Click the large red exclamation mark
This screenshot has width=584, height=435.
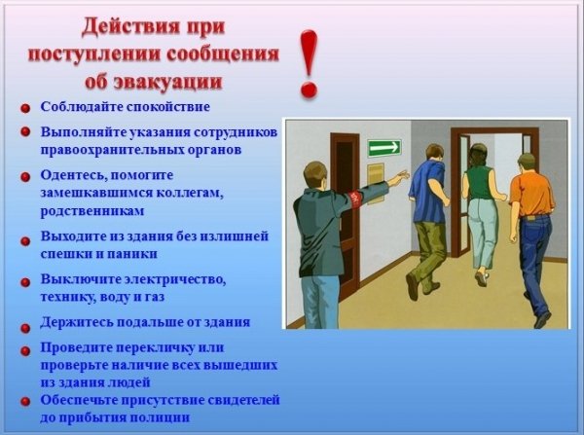(x=309, y=63)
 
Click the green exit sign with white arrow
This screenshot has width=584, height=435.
(x=384, y=148)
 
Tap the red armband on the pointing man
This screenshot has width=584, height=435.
(x=355, y=199)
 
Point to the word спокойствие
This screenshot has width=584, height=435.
(x=168, y=107)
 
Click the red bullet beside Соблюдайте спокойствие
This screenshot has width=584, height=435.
(x=25, y=109)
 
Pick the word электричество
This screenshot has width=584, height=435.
(x=175, y=279)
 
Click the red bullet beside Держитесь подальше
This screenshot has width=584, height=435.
(x=25, y=328)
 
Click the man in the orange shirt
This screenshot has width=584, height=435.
(x=530, y=239)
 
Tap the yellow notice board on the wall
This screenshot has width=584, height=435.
(x=376, y=183)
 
